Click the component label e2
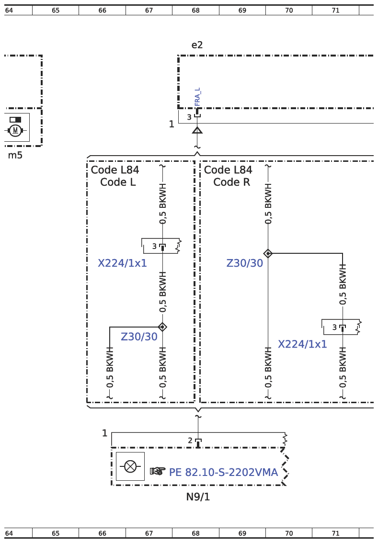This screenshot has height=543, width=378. pos(197,45)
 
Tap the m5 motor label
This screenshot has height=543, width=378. pos(15,155)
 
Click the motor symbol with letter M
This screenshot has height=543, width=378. pos(15,130)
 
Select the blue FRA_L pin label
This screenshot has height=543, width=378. pos(197,97)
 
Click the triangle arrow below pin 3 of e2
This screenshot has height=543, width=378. pos(197,130)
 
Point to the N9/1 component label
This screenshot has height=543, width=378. pos(198,497)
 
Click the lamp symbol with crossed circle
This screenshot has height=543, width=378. pos(130,466)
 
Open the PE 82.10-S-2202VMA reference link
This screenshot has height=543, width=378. pos(223,472)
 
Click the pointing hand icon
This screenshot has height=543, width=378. pos(158,471)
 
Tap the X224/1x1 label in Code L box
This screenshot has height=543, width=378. pos(122,263)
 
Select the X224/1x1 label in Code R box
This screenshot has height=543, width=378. pos(302,344)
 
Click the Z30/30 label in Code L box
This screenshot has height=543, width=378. pos(139,337)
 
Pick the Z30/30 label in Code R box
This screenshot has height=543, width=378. pos(245,263)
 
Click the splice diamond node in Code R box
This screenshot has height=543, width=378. pos(268,253)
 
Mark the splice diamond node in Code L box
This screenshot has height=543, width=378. pos(162,327)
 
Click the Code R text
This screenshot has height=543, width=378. pos(231,182)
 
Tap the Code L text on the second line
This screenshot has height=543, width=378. pos(118,182)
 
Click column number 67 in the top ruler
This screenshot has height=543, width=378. pos(149,11)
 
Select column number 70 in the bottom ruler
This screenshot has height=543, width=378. pos(289,533)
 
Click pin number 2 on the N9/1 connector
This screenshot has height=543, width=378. pos(190,441)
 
